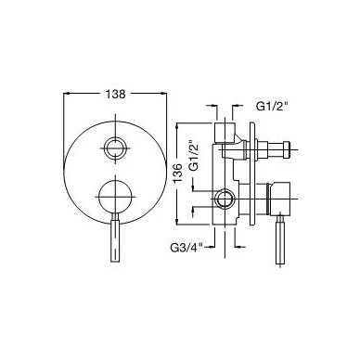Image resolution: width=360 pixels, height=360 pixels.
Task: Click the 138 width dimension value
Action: pos(116,94)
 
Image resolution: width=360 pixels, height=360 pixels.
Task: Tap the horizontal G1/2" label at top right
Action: pos(272,107)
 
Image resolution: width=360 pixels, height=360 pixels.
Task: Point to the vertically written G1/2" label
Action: pos(194,155)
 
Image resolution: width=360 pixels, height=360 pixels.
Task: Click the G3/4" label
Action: pos(186,248)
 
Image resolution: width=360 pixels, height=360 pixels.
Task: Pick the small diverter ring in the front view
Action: pos(115,148)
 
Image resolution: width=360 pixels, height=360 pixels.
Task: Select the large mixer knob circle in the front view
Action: pos(115,197)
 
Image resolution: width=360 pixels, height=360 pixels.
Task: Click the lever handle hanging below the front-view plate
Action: pos(115,239)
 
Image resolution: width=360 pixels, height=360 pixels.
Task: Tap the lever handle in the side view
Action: pos(280,239)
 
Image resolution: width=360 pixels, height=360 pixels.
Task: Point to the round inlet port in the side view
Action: pos(224,199)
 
